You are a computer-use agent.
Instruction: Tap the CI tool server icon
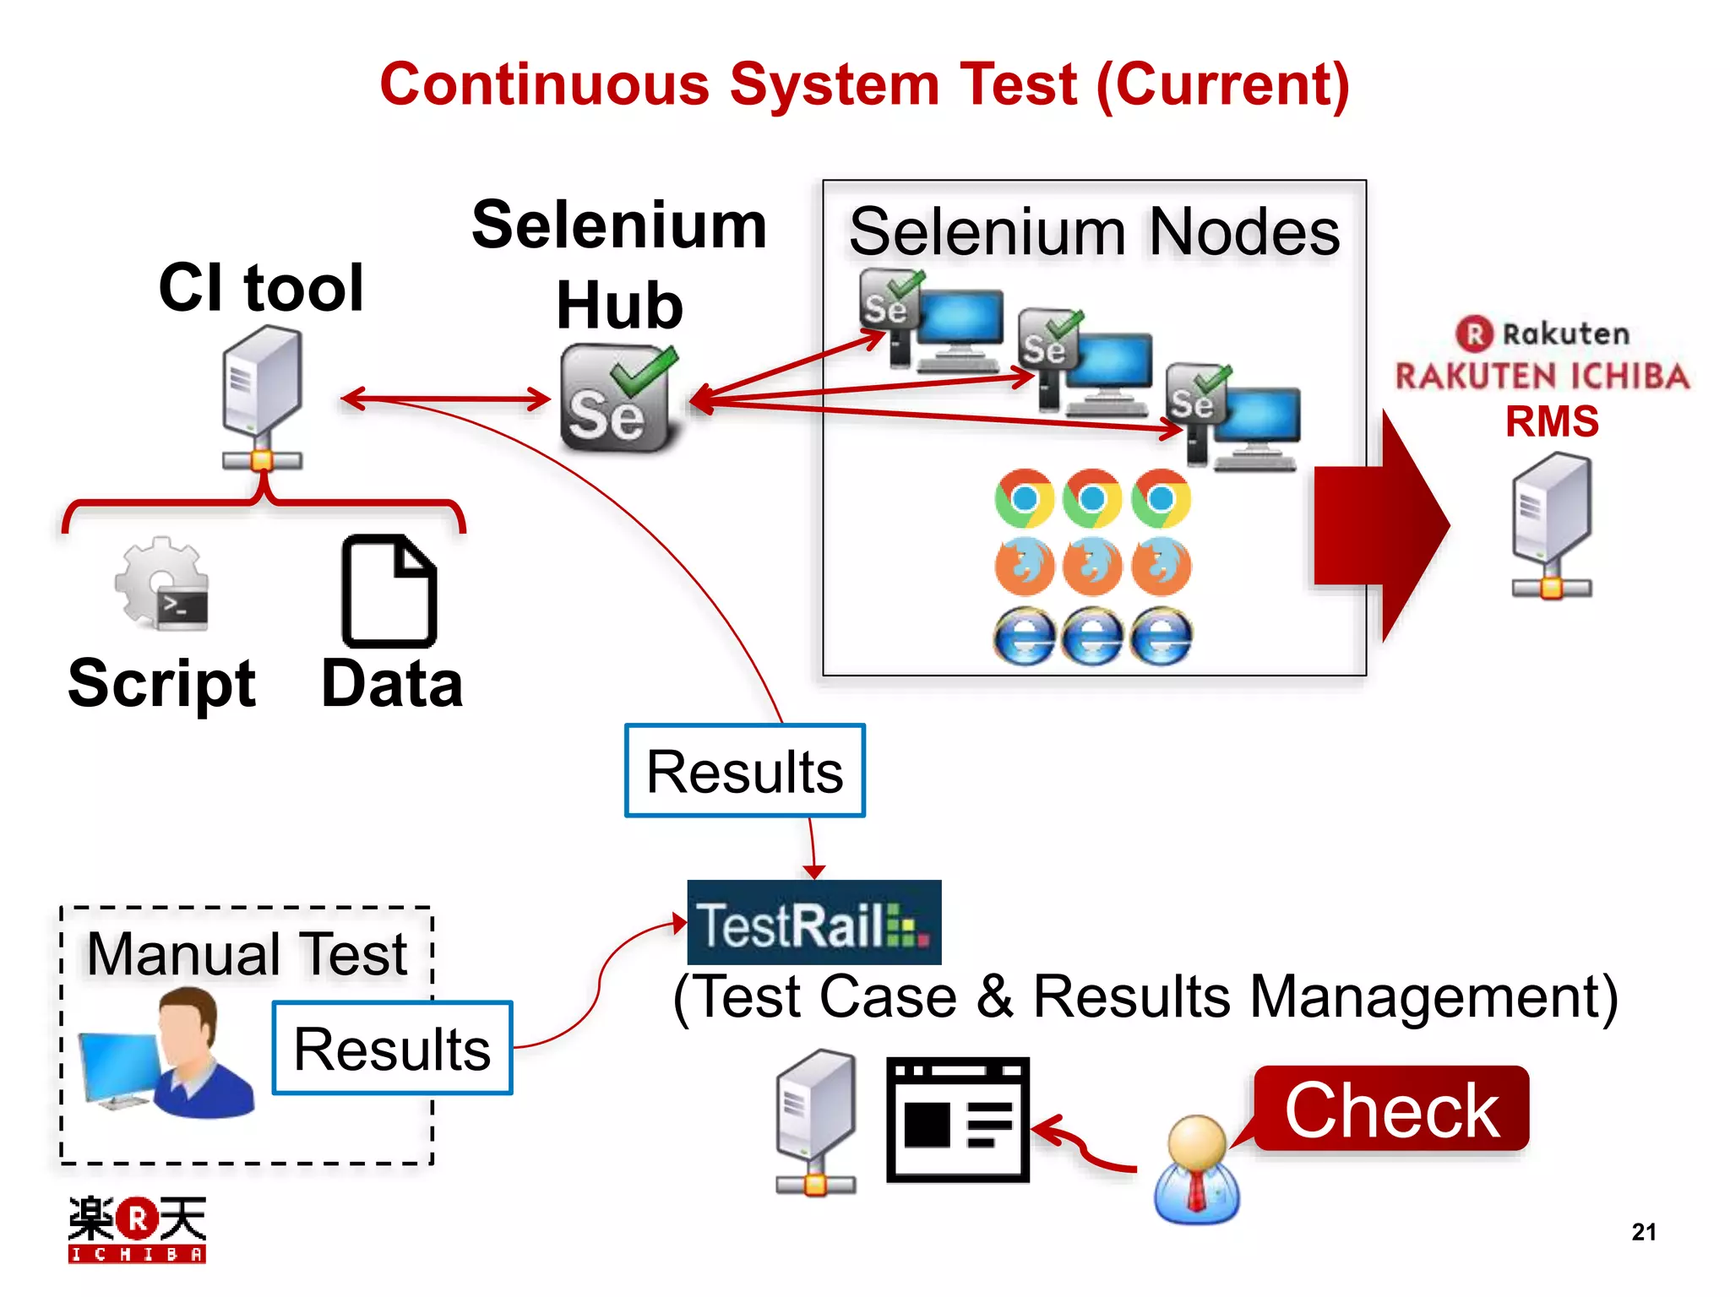[x=262, y=397]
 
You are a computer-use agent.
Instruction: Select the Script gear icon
[x=161, y=583]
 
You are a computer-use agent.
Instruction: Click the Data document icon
[x=389, y=591]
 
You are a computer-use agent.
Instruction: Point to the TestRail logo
[x=813, y=923]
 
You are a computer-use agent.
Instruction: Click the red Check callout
[x=1391, y=1109]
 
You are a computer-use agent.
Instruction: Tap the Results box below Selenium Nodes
[x=744, y=771]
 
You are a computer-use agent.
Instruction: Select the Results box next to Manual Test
[x=393, y=1048]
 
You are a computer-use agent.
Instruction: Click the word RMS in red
[x=1552, y=421]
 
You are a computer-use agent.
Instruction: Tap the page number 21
[x=1643, y=1232]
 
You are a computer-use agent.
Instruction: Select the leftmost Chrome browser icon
[x=1024, y=498]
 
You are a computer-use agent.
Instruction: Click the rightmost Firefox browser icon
[x=1161, y=566]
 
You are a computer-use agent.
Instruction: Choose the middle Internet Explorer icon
[x=1092, y=637]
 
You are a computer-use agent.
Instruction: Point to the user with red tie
[x=1196, y=1169]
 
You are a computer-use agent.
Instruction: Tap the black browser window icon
[x=957, y=1119]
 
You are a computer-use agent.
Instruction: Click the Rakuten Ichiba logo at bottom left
[x=137, y=1229]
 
